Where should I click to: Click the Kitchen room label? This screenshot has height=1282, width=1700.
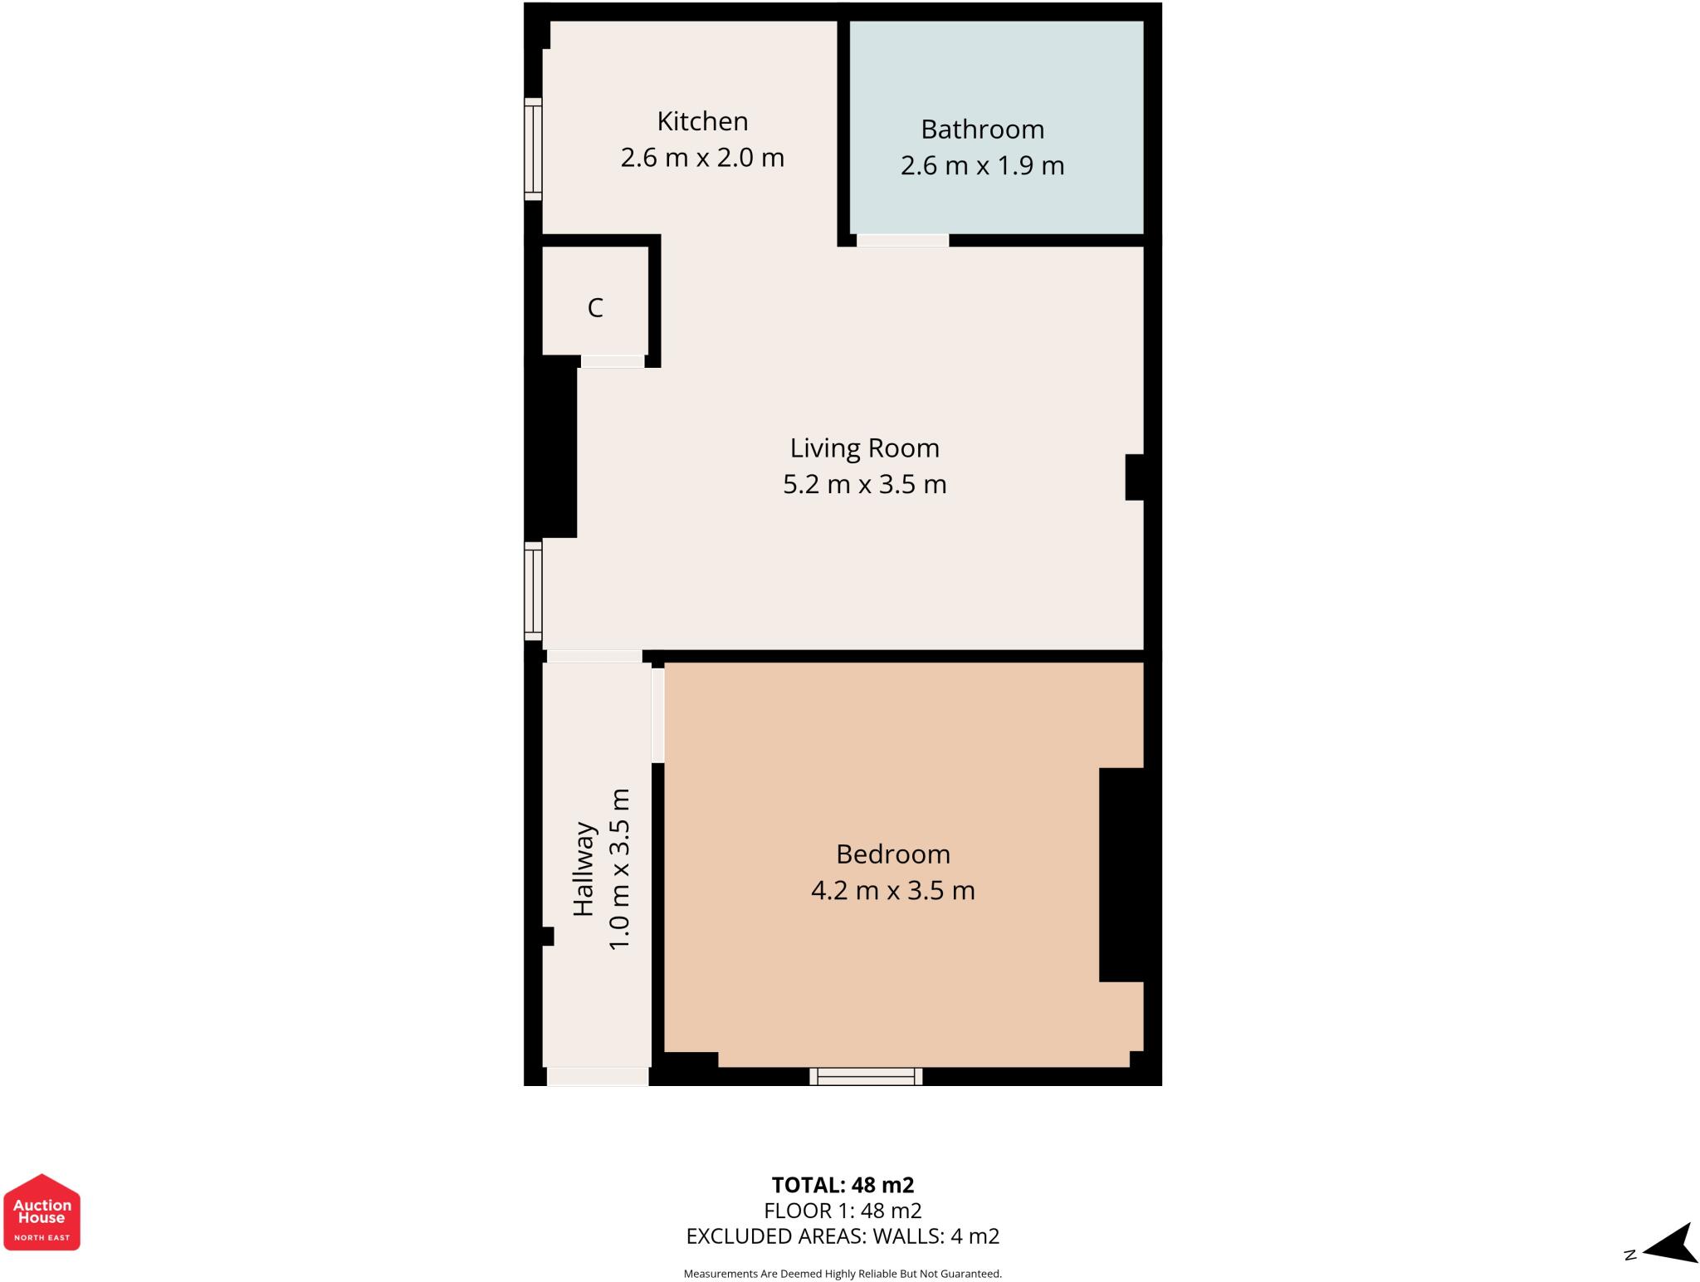[702, 121]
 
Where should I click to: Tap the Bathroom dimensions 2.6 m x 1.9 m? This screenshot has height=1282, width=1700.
[982, 166]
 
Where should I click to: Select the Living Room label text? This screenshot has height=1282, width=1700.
[864, 448]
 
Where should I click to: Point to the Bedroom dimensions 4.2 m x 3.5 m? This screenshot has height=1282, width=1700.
[892, 891]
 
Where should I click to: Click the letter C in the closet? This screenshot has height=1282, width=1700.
[595, 308]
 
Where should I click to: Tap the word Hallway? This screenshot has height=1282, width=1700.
[584, 869]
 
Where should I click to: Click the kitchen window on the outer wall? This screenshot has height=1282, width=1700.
[533, 149]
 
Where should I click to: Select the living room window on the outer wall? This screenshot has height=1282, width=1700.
[533, 590]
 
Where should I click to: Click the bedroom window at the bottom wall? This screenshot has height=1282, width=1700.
[866, 1076]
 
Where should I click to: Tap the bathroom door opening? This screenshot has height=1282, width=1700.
[902, 241]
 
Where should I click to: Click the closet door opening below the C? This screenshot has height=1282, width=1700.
[613, 361]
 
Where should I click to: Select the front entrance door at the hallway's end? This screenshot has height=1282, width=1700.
[597, 1076]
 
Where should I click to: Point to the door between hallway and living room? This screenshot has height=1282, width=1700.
[594, 656]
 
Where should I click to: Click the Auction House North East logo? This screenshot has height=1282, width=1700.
[42, 1212]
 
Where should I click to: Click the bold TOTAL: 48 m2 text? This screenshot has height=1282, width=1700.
[843, 1185]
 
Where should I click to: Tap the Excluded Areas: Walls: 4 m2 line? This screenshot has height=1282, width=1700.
[843, 1236]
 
